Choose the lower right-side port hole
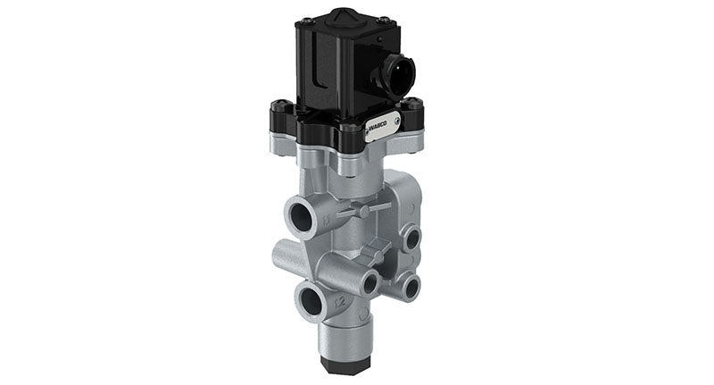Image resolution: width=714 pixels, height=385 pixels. pos(410,287)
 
